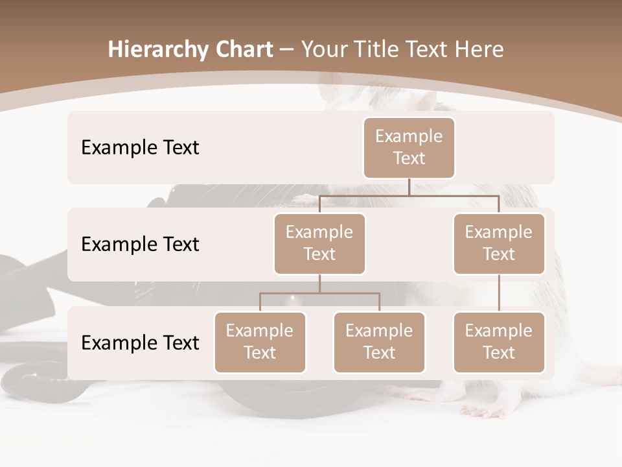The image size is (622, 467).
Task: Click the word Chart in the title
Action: click(242, 50)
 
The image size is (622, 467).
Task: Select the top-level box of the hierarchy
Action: click(409, 148)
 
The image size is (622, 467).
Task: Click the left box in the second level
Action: click(319, 244)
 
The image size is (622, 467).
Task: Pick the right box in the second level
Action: click(499, 244)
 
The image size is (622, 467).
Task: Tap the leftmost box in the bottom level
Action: click(260, 342)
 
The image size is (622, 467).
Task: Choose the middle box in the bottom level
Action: click(379, 342)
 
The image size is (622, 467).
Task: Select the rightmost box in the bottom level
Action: click(499, 342)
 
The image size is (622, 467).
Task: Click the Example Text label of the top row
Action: click(140, 148)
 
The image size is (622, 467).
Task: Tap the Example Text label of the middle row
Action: click(140, 245)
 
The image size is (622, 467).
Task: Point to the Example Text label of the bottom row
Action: click(140, 342)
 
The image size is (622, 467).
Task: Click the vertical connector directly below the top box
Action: click(409, 187)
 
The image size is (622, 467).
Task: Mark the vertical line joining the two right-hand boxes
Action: click(499, 293)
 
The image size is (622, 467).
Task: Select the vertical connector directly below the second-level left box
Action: click(319, 283)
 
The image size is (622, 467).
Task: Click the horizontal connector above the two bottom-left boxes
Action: click(319, 293)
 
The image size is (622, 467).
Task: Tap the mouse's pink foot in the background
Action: click(483, 411)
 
